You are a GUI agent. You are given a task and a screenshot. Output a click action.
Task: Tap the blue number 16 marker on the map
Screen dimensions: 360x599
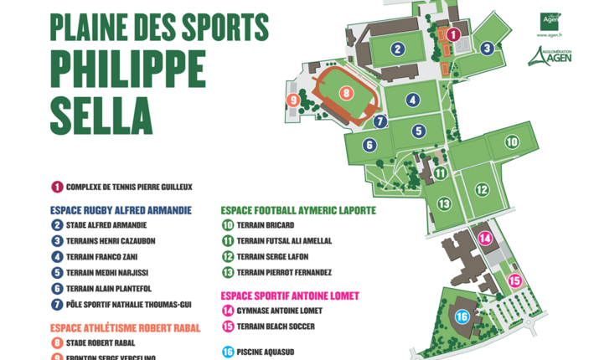click(462, 316)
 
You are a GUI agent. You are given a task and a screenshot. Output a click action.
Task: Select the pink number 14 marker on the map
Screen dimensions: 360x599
click(484, 238)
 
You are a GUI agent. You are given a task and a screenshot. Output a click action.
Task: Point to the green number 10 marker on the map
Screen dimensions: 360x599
click(511, 142)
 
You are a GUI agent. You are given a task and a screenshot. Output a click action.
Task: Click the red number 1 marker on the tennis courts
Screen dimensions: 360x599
click(452, 34)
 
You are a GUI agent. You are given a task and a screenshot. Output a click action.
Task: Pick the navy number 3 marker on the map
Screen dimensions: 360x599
click(487, 48)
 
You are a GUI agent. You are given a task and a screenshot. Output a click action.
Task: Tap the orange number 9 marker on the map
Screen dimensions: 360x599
click(293, 100)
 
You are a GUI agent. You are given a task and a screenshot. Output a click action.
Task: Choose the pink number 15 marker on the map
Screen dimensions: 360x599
click(515, 280)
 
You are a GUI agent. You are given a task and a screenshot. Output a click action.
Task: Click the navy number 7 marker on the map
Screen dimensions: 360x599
click(380, 121)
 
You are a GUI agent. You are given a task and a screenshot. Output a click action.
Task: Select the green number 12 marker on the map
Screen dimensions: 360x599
click(481, 189)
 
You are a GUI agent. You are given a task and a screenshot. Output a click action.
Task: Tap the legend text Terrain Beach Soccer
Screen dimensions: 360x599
click(276, 327)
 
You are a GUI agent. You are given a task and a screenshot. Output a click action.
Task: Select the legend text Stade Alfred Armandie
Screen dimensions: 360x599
click(106, 225)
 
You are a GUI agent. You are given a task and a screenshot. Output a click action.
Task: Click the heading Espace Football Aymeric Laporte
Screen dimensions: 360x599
click(298, 210)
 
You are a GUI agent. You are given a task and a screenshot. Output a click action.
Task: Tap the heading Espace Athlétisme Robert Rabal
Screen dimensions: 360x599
click(125, 328)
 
